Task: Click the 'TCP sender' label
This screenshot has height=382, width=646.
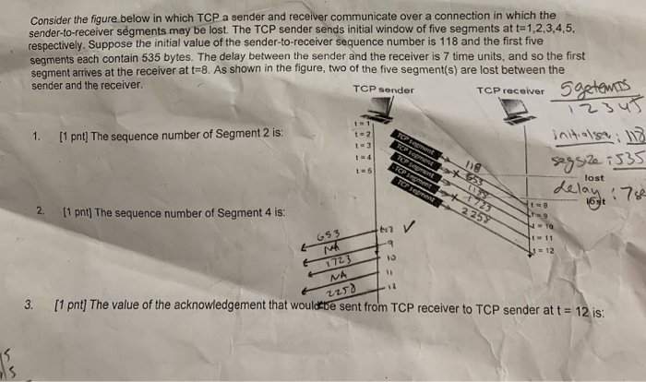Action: coord(383,90)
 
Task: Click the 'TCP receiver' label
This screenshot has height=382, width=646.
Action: coord(511,90)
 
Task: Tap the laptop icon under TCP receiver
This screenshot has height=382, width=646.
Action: coord(514,110)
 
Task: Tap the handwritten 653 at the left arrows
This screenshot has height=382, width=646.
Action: coord(331,235)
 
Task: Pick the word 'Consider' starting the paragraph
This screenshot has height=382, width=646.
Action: coord(54,19)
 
